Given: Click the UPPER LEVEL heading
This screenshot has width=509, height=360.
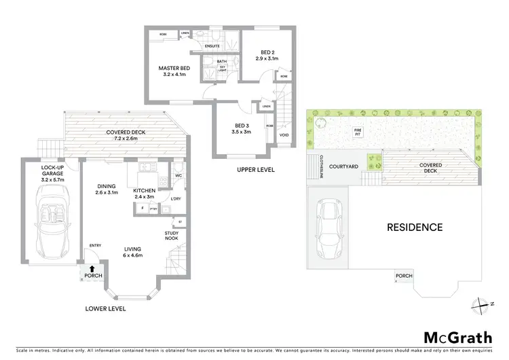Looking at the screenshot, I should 255,169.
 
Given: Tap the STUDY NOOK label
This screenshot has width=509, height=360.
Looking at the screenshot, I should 171,236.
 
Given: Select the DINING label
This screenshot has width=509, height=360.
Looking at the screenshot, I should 107,187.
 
